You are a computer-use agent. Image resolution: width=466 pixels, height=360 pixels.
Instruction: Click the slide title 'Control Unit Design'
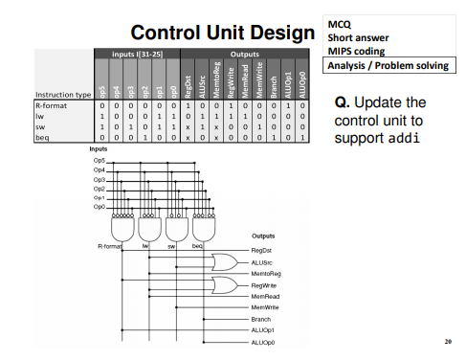click(x=219, y=33)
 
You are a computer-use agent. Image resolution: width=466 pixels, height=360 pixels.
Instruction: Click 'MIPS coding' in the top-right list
click(x=357, y=51)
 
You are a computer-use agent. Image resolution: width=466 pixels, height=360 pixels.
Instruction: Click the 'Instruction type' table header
click(x=62, y=95)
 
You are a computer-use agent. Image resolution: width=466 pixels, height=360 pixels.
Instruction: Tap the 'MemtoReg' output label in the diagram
click(x=268, y=273)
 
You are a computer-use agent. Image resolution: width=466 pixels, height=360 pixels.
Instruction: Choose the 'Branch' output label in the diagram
click(x=261, y=318)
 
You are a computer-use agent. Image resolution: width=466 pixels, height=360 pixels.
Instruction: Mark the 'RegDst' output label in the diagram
click(x=263, y=250)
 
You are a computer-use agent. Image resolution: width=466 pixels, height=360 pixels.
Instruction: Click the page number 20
click(x=447, y=341)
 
